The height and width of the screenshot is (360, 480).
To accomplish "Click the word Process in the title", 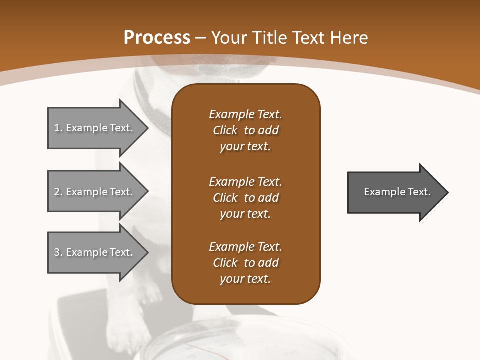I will [157, 38].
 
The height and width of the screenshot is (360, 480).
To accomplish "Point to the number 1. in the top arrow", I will [58, 128].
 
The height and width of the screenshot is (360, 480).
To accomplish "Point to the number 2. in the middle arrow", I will [58, 192].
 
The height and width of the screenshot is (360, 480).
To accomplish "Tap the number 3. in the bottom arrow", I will [58, 252].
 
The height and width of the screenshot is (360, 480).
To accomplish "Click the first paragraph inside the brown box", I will [245, 130].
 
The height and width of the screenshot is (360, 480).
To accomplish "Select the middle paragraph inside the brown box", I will [245, 198].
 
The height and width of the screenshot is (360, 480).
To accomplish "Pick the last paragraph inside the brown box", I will [245, 263].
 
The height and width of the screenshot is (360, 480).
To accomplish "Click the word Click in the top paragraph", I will [225, 130].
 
